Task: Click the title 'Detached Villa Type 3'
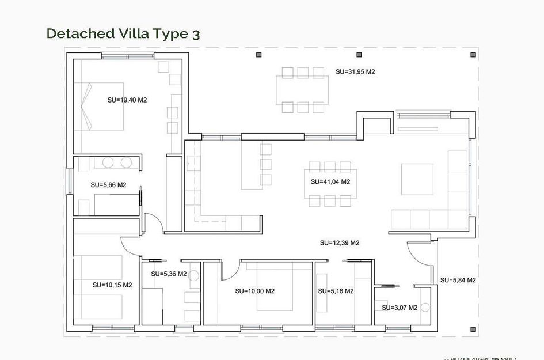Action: tap(123, 33)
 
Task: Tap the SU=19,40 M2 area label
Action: tap(127, 100)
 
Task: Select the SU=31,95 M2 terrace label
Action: tap(355, 72)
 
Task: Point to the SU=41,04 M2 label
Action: tap(330, 181)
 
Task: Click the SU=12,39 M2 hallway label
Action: tap(340, 243)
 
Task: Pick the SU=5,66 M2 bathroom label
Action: tap(108, 185)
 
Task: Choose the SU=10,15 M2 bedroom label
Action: tap(112, 285)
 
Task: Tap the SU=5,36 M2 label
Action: tap(169, 274)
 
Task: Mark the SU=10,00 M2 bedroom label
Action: tap(254, 291)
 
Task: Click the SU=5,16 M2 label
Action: tap(336, 291)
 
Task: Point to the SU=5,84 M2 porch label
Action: tap(458, 281)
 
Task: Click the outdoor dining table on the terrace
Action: tap(302, 89)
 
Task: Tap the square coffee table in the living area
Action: tap(417, 179)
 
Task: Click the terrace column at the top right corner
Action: tap(473, 55)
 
